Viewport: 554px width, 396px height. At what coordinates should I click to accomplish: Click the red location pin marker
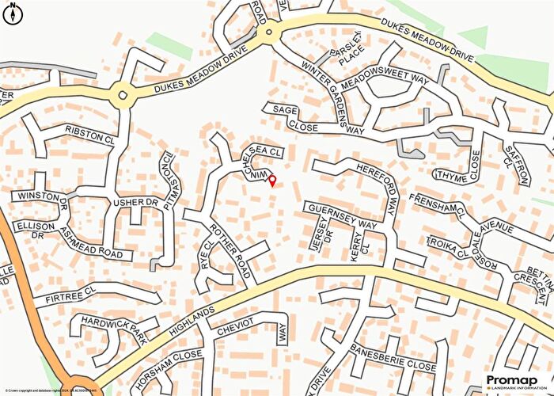(273, 181)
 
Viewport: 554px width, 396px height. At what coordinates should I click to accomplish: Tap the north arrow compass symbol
(13, 13)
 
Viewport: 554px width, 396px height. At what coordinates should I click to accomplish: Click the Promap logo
(513, 381)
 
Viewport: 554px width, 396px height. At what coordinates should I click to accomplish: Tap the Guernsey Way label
(342, 215)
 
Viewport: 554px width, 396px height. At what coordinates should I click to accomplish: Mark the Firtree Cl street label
(70, 299)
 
